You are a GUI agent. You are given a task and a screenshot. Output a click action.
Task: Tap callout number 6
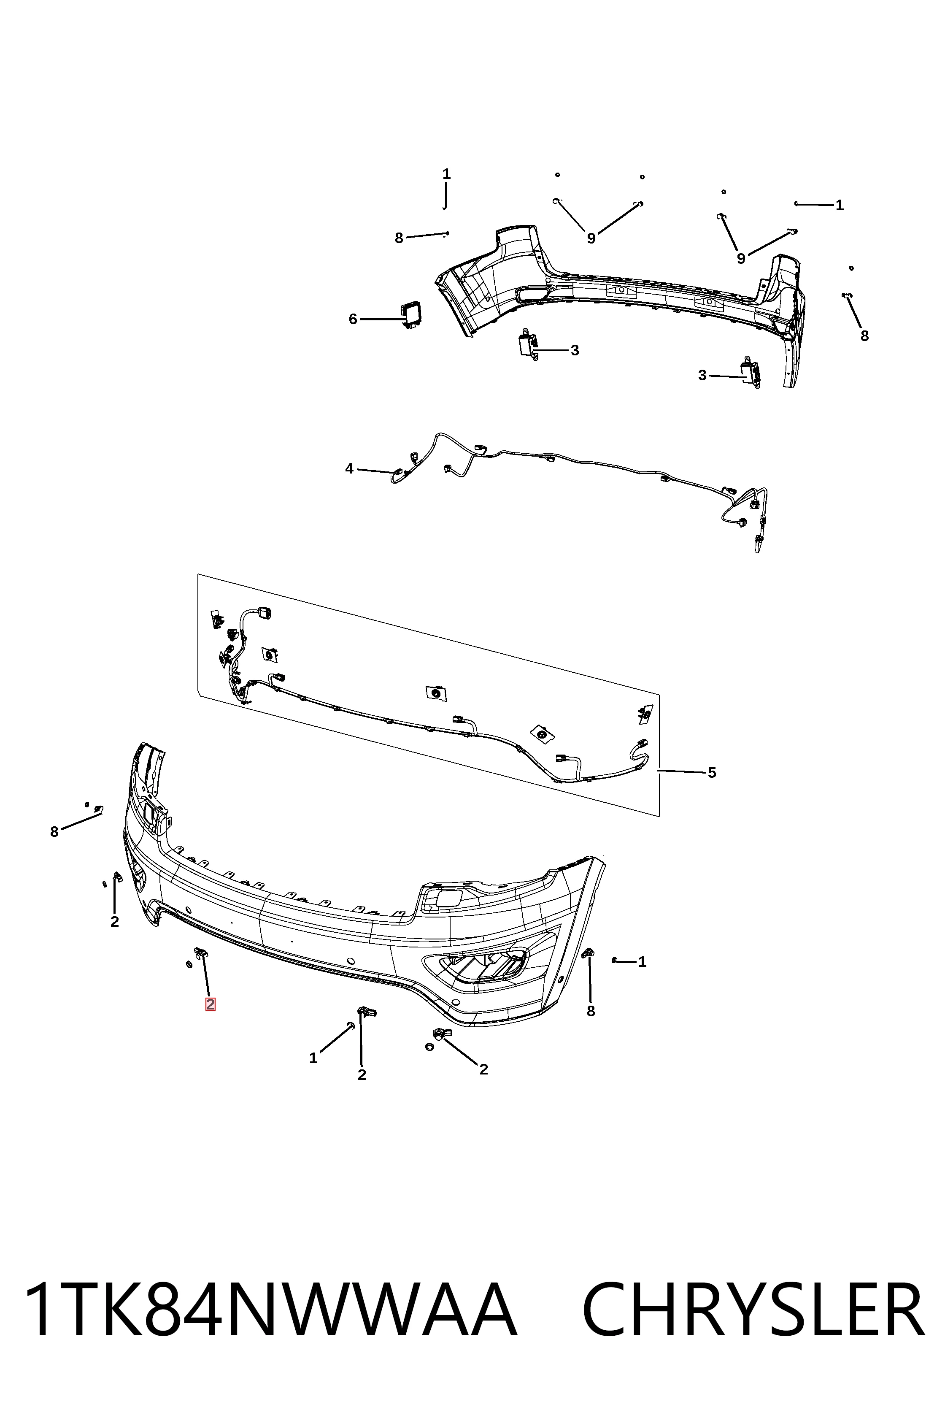point(353,319)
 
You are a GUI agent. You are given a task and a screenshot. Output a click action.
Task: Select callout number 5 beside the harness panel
point(712,772)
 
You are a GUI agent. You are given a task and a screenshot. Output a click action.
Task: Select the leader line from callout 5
point(681,771)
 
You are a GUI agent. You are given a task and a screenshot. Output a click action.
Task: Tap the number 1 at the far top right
point(840,206)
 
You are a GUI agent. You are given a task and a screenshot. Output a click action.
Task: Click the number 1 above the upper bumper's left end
point(447,174)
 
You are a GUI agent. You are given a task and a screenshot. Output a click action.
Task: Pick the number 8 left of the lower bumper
point(54,832)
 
